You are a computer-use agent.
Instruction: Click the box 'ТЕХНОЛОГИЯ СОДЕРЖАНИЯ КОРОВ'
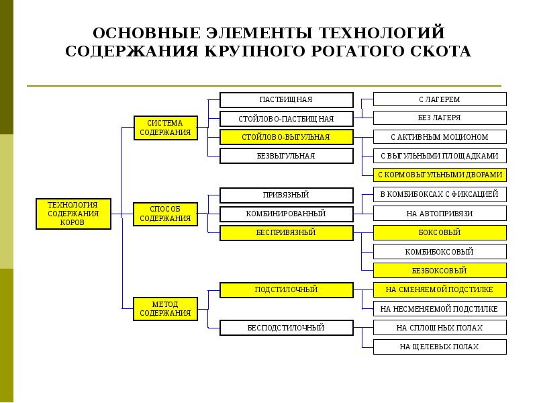(x=73, y=214)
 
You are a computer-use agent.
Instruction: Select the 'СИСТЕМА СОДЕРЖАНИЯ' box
(x=166, y=128)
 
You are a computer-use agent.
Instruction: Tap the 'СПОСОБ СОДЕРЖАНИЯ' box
(x=166, y=214)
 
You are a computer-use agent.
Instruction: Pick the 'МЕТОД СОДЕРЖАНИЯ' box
(x=166, y=309)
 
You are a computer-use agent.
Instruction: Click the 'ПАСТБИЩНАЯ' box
(x=286, y=99)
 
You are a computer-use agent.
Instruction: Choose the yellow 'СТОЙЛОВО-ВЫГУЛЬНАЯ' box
(x=286, y=137)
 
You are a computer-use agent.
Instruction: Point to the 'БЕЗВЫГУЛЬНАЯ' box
(x=286, y=156)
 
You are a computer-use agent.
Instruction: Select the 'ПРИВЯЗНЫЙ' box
(x=286, y=195)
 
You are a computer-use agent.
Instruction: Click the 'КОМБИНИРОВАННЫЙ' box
(x=286, y=214)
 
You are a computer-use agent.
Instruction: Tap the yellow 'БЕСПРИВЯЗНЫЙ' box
(x=286, y=232)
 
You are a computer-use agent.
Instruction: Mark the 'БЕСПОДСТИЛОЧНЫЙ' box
(x=286, y=328)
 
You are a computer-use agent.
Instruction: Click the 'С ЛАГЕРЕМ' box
(x=440, y=99)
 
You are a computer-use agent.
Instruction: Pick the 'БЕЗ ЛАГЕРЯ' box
(x=440, y=118)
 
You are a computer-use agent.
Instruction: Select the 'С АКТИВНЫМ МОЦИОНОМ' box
(x=440, y=137)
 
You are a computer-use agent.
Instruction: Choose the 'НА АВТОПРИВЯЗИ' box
(x=440, y=214)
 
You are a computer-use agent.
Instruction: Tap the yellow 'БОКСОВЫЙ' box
(x=440, y=232)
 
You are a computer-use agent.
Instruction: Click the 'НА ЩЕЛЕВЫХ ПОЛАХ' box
(x=440, y=347)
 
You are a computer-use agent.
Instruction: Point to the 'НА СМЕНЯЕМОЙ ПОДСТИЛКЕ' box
(x=440, y=290)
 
